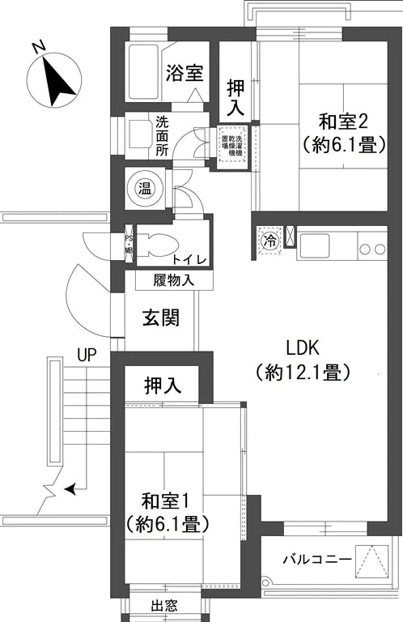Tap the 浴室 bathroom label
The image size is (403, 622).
click(x=184, y=74)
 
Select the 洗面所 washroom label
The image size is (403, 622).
click(x=162, y=138)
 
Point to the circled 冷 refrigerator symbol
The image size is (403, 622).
click(x=269, y=241)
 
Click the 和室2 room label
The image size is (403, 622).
click(x=343, y=122)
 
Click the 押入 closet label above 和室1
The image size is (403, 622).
click(x=163, y=386)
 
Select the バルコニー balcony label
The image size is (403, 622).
click(x=316, y=560)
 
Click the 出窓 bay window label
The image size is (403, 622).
click(x=164, y=606)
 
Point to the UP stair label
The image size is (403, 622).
click(x=87, y=354)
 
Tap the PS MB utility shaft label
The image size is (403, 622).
click(x=128, y=244)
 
